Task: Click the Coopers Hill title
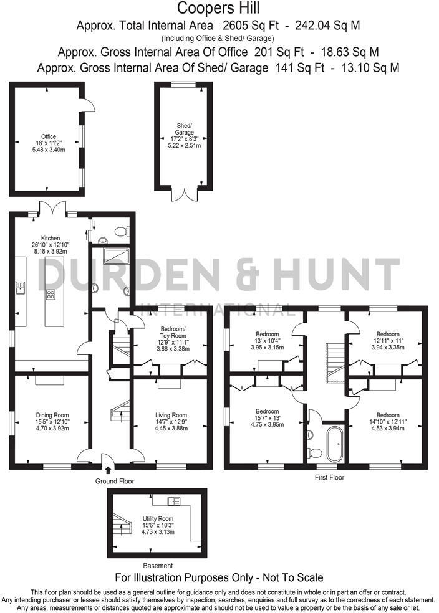pyautogui.click(x=218, y=8)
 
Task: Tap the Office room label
pyautogui.click(x=49, y=136)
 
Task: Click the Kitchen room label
pyautogui.click(x=51, y=238)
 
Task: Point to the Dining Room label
pyautogui.click(x=52, y=415)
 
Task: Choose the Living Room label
pyautogui.click(x=171, y=415)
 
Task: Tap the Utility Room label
pyautogui.click(x=157, y=518)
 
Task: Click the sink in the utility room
pyautogui.click(x=174, y=500)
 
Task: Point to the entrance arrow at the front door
pyautogui.click(x=109, y=470)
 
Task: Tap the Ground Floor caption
pyautogui.click(x=114, y=481)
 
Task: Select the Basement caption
pyautogui.click(x=153, y=566)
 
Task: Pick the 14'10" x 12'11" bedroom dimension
pyautogui.click(x=387, y=422)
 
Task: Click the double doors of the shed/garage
pyautogui.click(x=184, y=193)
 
